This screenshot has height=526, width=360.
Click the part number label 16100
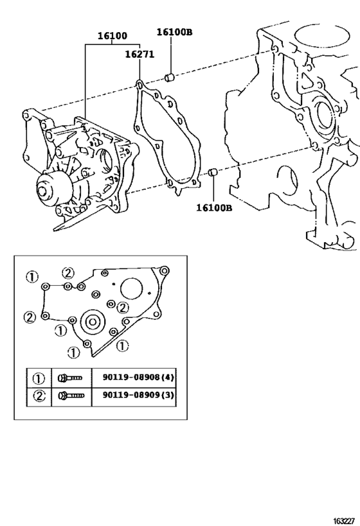pyautogui.click(x=112, y=36)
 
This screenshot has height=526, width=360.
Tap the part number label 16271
pyautogui.click(x=139, y=55)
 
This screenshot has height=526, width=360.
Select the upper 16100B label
pyautogui.click(x=175, y=32)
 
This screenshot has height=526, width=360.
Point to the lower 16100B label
pyautogui.click(x=214, y=208)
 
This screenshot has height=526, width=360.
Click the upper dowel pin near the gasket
pyautogui.click(x=170, y=78)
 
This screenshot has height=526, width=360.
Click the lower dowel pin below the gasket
pyautogui.click(x=213, y=172)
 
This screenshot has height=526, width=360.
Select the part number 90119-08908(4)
pyautogui.click(x=138, y=378)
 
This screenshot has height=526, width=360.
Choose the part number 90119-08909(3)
pyautogui.click(x=138, y=395)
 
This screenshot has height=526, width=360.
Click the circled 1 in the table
pyautogui.click(x=39, y=379)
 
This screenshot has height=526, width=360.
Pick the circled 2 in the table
pyautogui.click(x=39, y=396)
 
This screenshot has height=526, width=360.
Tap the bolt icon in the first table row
pyautogui.click(x=70, y=378)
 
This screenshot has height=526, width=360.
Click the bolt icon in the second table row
pyautogui.click(x=71, y=396)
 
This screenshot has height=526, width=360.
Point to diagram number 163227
pyautogui.click(x=345, y=521)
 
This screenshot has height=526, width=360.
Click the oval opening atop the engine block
pyautogui.click(x=321, y=35)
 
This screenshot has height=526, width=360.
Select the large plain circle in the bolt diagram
pyautogui.click(x=131, y=288)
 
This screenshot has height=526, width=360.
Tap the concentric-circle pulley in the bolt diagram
pyautogui.click(x=93, y=322)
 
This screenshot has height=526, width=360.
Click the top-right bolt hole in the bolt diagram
pyautogui.click(x=164, y=271)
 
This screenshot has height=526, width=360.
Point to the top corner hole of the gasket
pyautogui.click(x=139, y=84)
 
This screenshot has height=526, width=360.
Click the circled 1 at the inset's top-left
pyautogui.click(x=33, y=277)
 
